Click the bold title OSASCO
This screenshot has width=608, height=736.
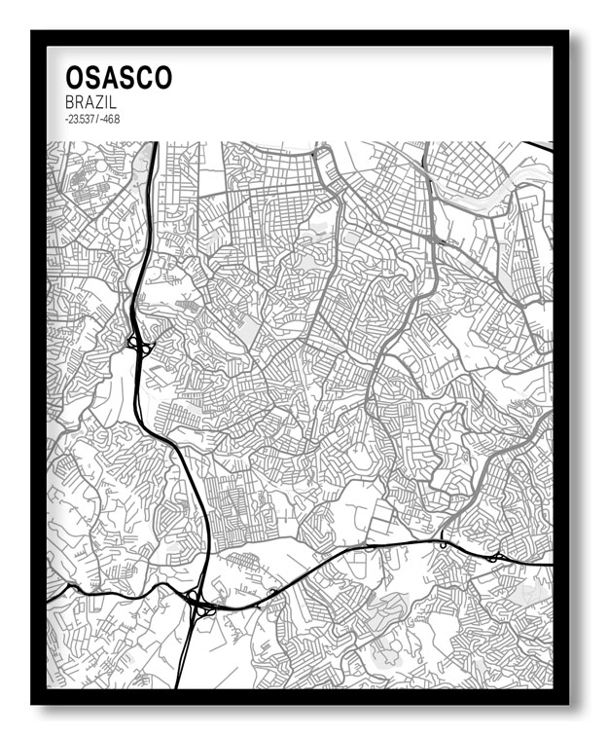[x=118, y=78]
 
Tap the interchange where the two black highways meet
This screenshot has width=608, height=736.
[x=198, y=605]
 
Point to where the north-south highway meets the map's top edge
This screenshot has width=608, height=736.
[x=155, y=144]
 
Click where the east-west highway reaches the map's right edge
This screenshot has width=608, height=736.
[x=550, y=564]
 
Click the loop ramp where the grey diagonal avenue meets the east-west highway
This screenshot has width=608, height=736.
[x=443, y=544]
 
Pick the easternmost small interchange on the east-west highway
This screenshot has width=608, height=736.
[x=495, y=557]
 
